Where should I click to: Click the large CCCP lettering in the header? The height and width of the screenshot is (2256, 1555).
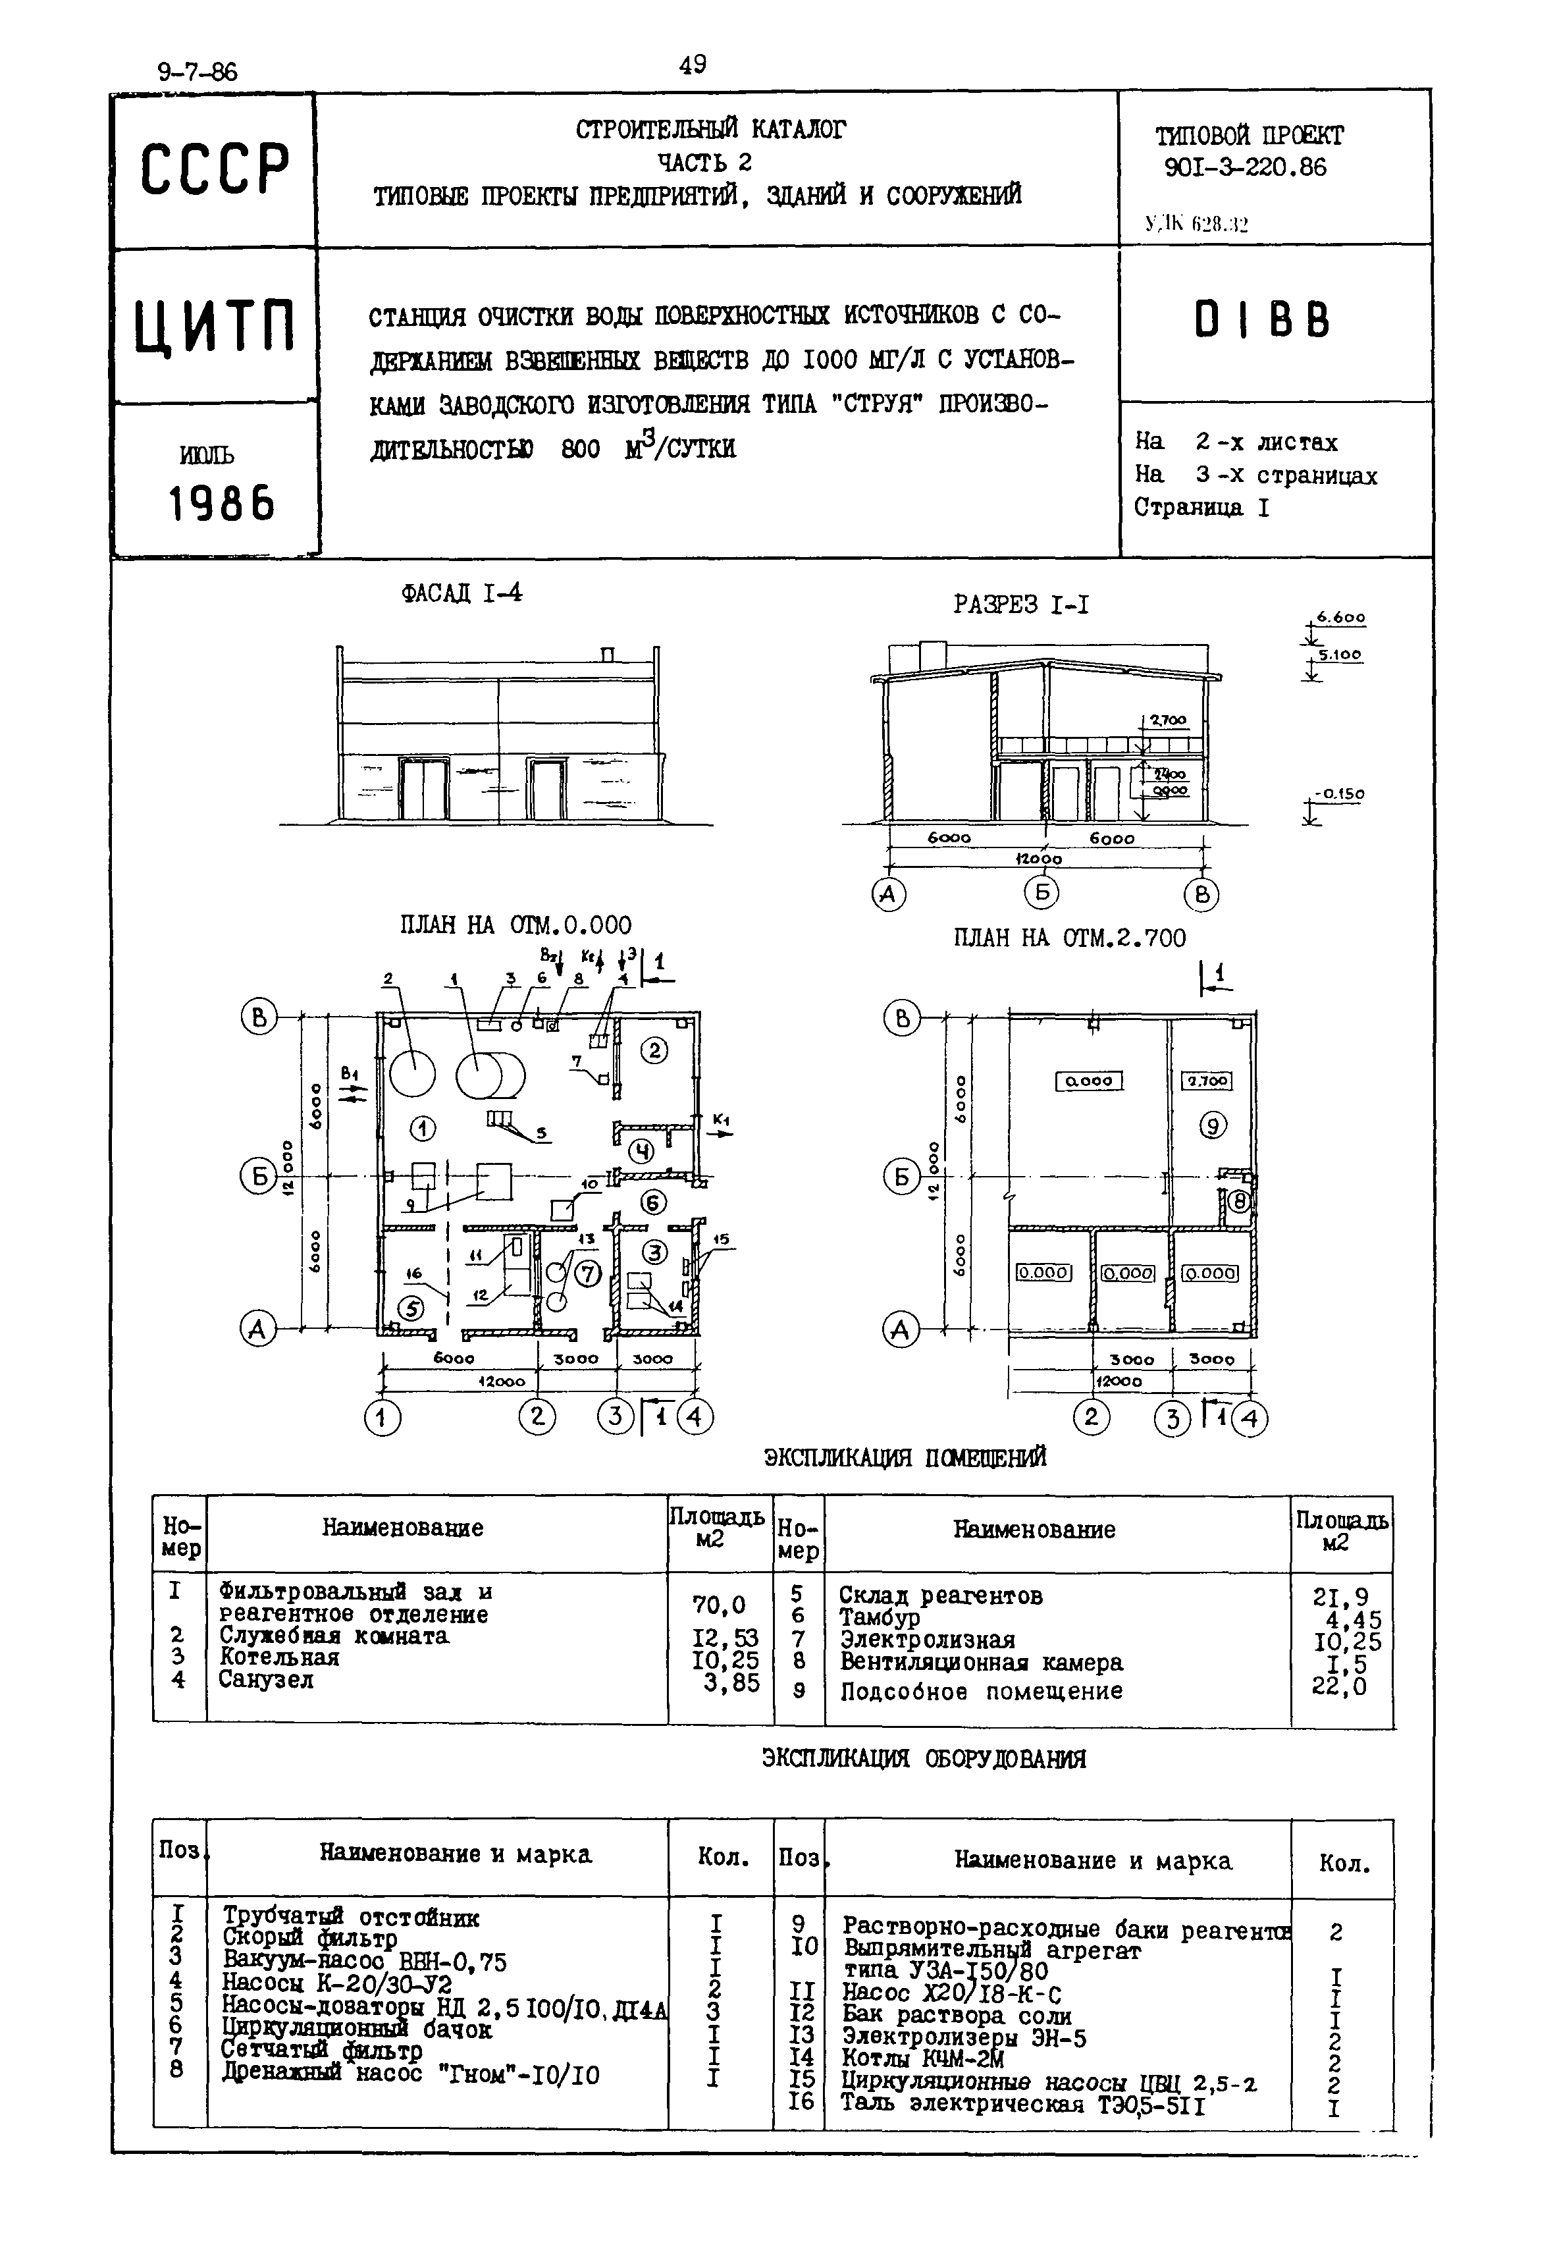click(215, 169)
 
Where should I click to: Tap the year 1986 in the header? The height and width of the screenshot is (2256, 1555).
click(222, 504)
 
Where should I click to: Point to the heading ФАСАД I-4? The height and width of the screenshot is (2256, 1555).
click(461, 593)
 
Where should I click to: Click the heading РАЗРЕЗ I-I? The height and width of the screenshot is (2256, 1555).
click(1020, 605)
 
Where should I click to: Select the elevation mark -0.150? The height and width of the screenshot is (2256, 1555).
click(1338, 794)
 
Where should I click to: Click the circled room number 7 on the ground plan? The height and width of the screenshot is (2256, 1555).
click(587, 1274)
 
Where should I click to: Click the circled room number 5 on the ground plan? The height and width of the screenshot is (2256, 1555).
click(413, 1309)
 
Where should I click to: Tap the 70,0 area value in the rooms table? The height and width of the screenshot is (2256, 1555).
click(719, 1604)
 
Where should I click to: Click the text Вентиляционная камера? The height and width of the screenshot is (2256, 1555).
click(981, 1663)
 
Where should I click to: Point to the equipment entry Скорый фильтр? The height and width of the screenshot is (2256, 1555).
click(310, 1939)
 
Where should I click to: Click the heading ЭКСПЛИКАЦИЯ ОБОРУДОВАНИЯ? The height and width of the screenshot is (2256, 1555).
click(923, 1759)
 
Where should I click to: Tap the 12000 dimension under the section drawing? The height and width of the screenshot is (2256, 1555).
click(1039, 859)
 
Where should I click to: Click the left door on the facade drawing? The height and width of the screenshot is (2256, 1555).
click(423, 788)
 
